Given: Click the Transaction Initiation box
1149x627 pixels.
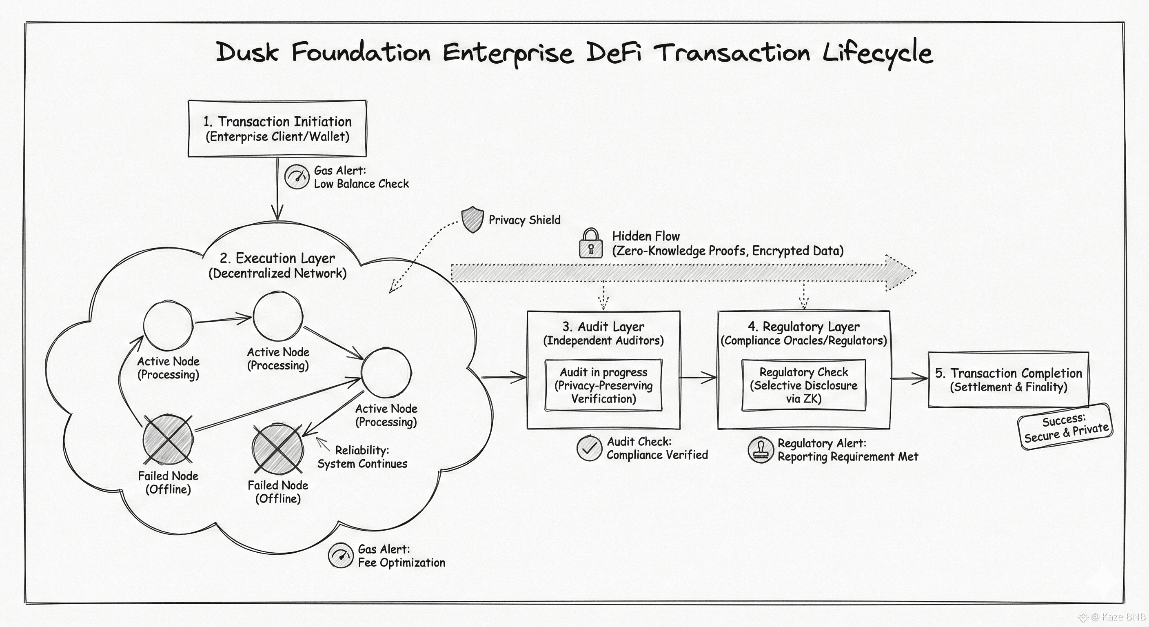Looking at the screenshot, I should click(277, 129).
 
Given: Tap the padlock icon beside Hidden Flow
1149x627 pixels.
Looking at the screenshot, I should click(590, 243).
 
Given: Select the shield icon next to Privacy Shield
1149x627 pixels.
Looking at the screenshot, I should click(472, 219).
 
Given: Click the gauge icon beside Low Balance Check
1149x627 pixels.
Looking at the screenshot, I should click(297, 177).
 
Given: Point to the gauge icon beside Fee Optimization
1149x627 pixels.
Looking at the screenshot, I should click(340, 555).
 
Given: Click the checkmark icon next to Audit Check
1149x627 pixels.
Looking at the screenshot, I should click(589, 448).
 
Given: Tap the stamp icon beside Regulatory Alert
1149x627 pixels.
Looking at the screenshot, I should click(760, 450).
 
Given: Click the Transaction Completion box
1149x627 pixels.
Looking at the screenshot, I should click(1008, 379).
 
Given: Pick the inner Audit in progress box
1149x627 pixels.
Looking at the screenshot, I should click(603, 385).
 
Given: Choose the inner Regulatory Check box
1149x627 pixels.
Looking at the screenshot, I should click(803, 385).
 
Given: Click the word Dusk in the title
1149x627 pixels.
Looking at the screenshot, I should click(248, 52).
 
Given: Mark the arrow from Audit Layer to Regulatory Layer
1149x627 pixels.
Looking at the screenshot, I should click(699, 378).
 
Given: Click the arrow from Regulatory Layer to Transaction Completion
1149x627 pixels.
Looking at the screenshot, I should click(909, 378).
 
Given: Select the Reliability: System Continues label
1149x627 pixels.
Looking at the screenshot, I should click(362, 457).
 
